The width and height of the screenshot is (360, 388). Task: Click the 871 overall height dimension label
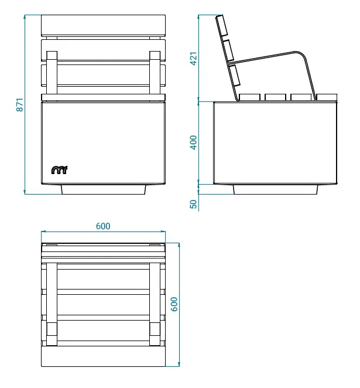20,105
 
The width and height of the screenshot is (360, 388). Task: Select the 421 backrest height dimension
194,59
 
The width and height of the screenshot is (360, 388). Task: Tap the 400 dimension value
194,142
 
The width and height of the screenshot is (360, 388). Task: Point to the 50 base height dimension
194,204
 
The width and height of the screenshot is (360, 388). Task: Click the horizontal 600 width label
103,226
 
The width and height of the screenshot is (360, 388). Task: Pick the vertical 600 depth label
174,304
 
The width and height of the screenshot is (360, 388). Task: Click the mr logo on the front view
59,170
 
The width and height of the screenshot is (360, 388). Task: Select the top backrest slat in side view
222,26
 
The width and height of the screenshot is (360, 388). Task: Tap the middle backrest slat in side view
228,50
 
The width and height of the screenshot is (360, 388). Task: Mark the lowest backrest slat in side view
234,75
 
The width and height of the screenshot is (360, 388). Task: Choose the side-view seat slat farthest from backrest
327,97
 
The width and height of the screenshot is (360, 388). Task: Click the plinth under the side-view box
275,189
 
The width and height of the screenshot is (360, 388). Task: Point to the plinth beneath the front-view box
103,189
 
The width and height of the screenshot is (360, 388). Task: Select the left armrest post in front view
52,73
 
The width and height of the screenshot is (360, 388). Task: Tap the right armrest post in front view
155,73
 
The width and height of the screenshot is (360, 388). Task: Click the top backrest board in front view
103,25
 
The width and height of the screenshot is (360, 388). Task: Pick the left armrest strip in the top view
52,304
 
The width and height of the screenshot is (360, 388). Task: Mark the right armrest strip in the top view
155,304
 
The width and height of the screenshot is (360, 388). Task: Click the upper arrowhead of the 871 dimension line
25,16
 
